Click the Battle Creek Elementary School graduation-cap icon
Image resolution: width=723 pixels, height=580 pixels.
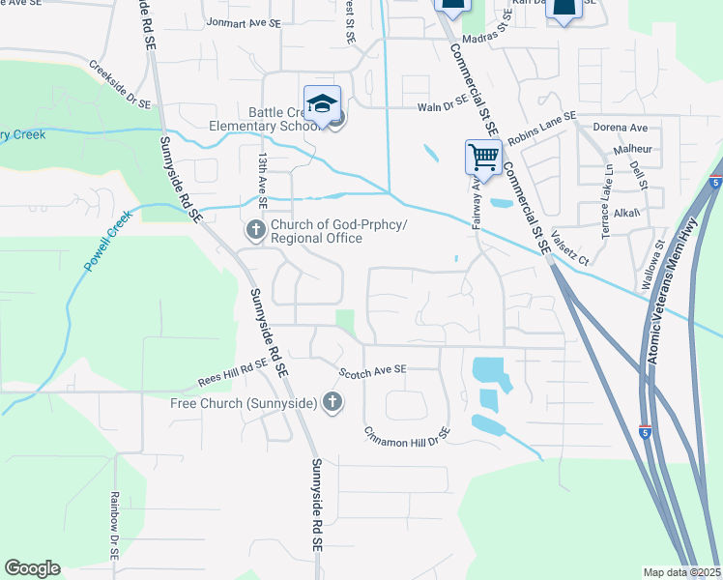(x=323, y=102)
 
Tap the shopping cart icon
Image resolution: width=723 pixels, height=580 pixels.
(x=482, y=156)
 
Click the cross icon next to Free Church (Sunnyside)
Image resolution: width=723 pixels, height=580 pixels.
(x=333, y=402)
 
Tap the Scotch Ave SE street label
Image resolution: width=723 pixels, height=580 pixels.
(x=372, y=370)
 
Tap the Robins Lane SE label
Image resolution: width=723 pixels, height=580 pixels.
(x=541, y=128)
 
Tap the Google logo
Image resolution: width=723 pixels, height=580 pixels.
(x=32, y=568)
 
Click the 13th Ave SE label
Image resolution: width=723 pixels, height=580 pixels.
(x=261, y=174)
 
